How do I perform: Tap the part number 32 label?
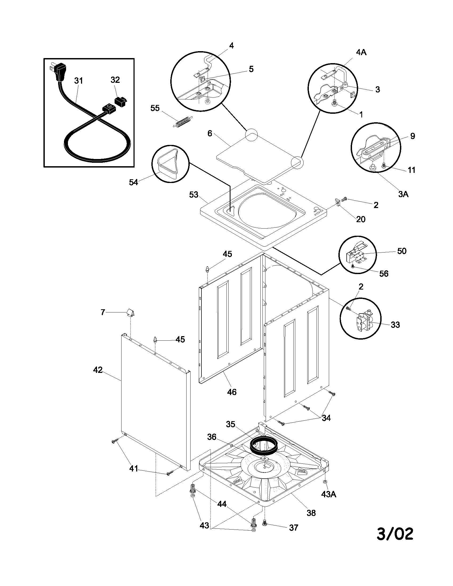click(115, 80)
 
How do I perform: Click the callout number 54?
click(134, 182)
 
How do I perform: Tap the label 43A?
click(329, 494)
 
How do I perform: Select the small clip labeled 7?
click(130, 312)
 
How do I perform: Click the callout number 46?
click(232, 392)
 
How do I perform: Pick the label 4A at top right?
click(361, 52)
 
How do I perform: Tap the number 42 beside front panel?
click(98, 370)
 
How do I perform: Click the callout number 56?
click(384, 274)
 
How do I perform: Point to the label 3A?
click(403, 194)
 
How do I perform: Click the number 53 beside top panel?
click(193, 194)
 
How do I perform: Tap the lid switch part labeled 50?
click(355, 254)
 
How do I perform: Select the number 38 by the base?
click(311, 513)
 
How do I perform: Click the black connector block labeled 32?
click(120, 101)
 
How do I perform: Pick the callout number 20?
click(361, 219)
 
